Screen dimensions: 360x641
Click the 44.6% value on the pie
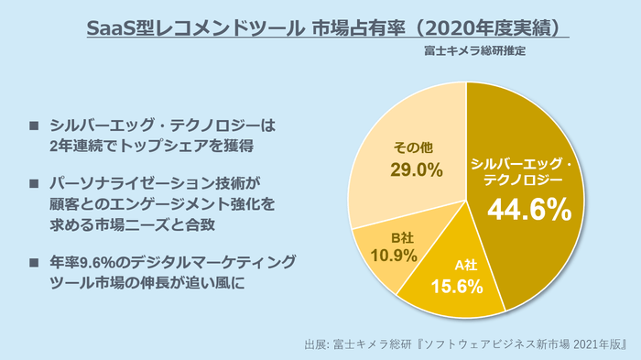[x=528, y=210]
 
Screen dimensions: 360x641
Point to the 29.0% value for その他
[x=418, y=169]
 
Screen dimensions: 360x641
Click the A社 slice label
[x=468, y=266]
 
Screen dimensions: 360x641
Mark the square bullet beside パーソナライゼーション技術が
[x=34, y=181]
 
